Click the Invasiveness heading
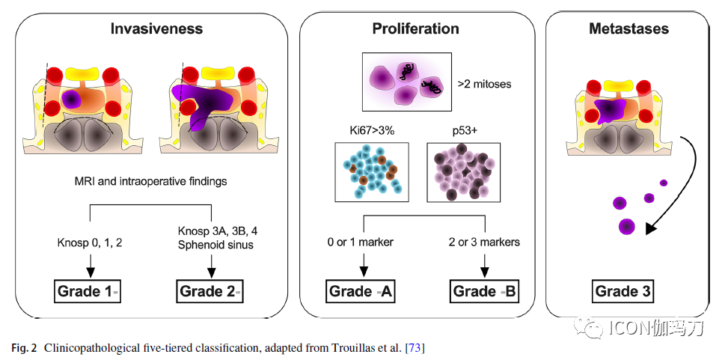coord(156,28)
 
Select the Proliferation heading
coord(415,28)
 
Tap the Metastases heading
coord(628,28)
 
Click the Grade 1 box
coord(89,292)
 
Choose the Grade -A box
coord(361,292)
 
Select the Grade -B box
coord(484,292)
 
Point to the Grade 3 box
coord(623,292)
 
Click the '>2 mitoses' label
coord(485,85)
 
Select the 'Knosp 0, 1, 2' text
coord(90,242)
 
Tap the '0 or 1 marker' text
coord(361,242)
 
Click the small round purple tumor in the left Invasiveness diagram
coord(70,100)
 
